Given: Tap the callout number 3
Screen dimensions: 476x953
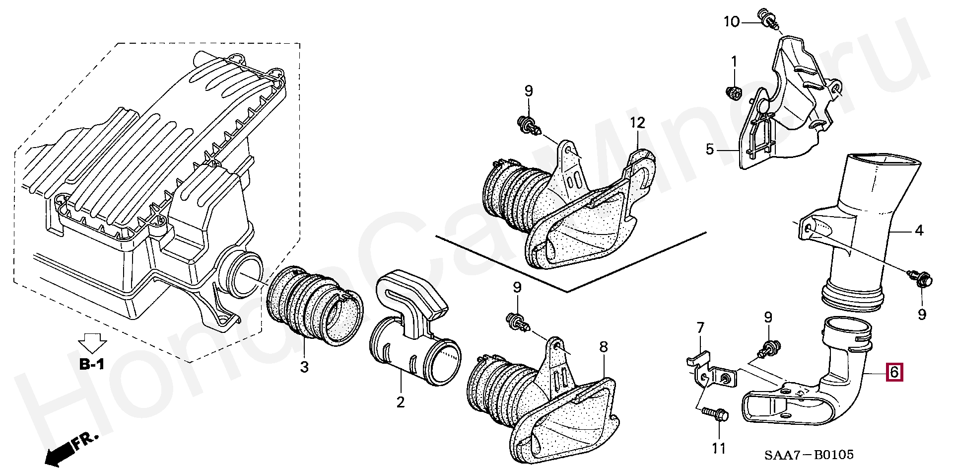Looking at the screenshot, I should coord(304,367).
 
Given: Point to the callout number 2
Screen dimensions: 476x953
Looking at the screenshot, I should coord(400,402).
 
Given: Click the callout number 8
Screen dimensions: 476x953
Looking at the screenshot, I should coord(603,347).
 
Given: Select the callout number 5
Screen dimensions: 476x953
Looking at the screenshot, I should coord(710,149).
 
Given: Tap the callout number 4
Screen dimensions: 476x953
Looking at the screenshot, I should coord(919,231).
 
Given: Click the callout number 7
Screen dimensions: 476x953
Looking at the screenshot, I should coord(700,328).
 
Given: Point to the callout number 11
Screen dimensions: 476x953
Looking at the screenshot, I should coord(719,449).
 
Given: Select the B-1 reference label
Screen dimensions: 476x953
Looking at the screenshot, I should coord(92,365).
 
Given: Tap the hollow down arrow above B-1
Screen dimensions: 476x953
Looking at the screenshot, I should coord(92,342).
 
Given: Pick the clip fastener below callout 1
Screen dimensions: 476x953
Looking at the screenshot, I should coord(734,92).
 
